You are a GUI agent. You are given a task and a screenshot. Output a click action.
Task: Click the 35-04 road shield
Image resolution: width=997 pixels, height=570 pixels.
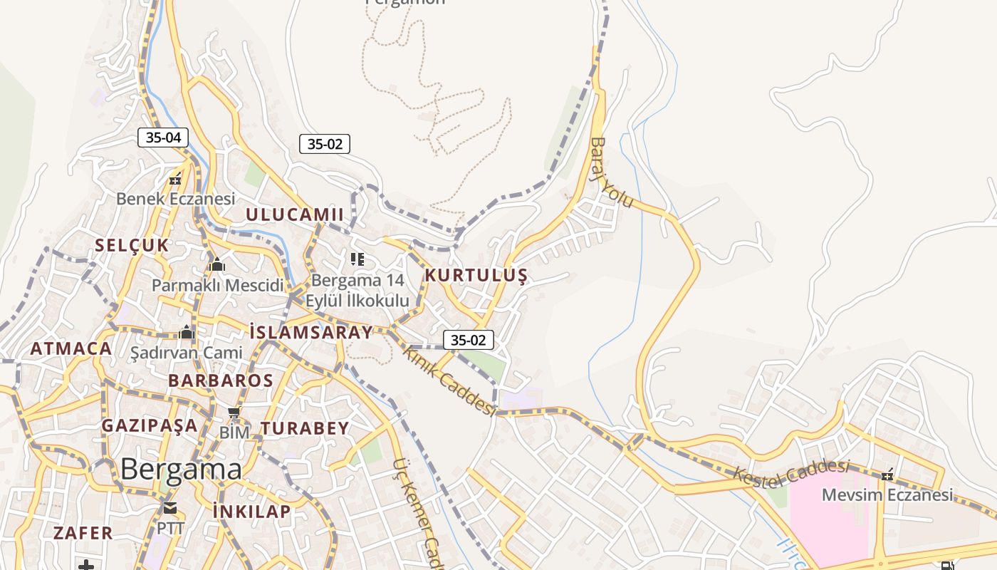coord(163,138)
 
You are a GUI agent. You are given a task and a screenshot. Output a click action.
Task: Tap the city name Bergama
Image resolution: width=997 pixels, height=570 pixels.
coord(181,470)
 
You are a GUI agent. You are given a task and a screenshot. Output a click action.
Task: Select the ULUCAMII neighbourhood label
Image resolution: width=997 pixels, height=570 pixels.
coord(295,214)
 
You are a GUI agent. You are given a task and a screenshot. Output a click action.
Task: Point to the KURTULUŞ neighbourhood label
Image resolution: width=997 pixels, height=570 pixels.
coord(476,276)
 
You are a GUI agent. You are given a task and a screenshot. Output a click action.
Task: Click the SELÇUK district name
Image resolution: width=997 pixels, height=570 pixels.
coord(132,246)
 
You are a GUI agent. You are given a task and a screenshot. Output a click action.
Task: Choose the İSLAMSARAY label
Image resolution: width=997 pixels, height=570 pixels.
coord(310,332)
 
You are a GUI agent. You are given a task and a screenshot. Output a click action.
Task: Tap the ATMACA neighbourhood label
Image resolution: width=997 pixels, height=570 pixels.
coord(71,349)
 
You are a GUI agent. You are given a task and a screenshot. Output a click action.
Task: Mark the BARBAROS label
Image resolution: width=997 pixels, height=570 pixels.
coord(221,380)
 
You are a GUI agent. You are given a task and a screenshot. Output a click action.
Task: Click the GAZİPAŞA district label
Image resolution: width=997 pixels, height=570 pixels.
coord(150,425)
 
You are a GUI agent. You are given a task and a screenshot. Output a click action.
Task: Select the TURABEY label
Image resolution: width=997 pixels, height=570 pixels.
coord(305,428)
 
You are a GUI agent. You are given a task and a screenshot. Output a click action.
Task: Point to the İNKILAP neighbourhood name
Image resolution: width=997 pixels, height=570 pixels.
coord(252,511)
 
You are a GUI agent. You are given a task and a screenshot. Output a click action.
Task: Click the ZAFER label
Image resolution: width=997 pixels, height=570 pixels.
coord(83,533)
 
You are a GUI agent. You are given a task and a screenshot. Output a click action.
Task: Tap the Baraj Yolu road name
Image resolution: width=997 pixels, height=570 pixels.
coord(610,172)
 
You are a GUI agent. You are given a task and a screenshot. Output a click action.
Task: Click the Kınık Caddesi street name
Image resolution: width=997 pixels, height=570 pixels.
coord(449,380)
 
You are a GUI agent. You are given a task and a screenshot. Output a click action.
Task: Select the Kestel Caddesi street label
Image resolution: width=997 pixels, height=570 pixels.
coord(792,474)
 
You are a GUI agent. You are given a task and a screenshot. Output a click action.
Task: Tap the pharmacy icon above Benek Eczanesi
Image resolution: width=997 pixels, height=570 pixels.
coord(175,180)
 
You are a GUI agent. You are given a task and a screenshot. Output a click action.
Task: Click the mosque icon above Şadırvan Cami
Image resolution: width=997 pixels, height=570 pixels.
coord(187,332)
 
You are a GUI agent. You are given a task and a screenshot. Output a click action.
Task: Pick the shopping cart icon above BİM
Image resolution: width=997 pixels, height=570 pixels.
coord(234,413)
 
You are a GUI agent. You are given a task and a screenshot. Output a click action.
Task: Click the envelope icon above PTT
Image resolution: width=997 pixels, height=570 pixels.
coord(169,508)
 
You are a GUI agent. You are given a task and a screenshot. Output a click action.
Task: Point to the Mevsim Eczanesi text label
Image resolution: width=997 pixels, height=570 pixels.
coord(887,494)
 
